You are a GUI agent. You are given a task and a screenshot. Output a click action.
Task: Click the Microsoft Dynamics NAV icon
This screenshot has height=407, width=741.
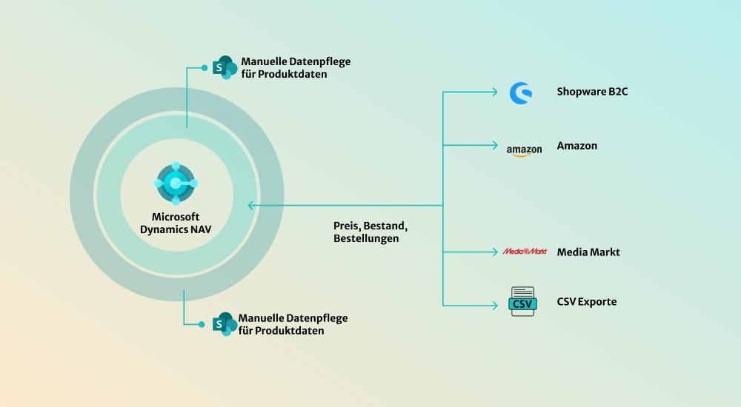click(176, 183)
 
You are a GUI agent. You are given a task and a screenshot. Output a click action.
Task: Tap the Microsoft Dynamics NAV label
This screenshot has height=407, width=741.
click(176, 223)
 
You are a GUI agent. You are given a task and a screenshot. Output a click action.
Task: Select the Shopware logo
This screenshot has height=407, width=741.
click(521, 92)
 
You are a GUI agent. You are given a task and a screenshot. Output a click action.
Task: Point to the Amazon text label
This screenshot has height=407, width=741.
click(576, 146)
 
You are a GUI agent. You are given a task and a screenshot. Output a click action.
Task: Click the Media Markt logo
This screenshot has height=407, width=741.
click(525, 252)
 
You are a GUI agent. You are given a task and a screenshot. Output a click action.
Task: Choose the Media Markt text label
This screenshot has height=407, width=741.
click(588, 252)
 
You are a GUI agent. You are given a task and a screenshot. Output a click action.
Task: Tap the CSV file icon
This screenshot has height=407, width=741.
click(522, 302)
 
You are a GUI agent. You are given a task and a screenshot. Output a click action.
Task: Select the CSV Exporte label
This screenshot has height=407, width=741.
click(587, 302)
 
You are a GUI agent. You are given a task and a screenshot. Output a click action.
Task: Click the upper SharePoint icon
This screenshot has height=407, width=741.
click(225, 67)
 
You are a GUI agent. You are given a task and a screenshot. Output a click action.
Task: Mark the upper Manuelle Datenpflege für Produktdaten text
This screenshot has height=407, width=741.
click(296, 67)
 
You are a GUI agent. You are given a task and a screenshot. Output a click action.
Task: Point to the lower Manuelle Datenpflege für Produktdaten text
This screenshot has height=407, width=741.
click(293, 324)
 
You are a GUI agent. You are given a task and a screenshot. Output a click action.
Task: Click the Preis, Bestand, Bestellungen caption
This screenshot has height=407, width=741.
click(370, 232)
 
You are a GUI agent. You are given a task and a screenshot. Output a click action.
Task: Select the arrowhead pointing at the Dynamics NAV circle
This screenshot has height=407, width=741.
click(251, 205)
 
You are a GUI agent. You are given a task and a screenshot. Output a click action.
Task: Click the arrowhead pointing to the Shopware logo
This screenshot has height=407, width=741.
click(495, 92)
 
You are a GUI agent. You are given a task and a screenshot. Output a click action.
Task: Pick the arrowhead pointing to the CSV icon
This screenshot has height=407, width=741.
click(495, 304)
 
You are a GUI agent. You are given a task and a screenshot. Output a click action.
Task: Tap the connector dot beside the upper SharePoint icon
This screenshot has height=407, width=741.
click(205, 68)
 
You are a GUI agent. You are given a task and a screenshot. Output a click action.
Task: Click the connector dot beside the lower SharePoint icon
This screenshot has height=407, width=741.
click(202, 324)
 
